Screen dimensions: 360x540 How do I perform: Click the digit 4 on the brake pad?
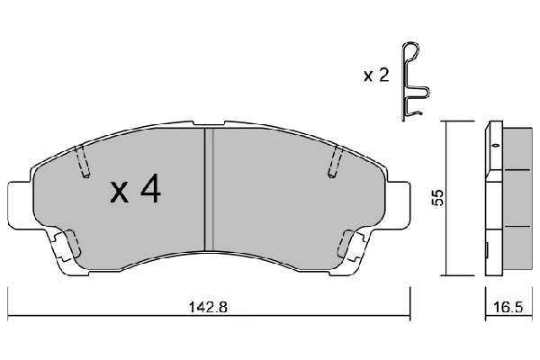point(150,191)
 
